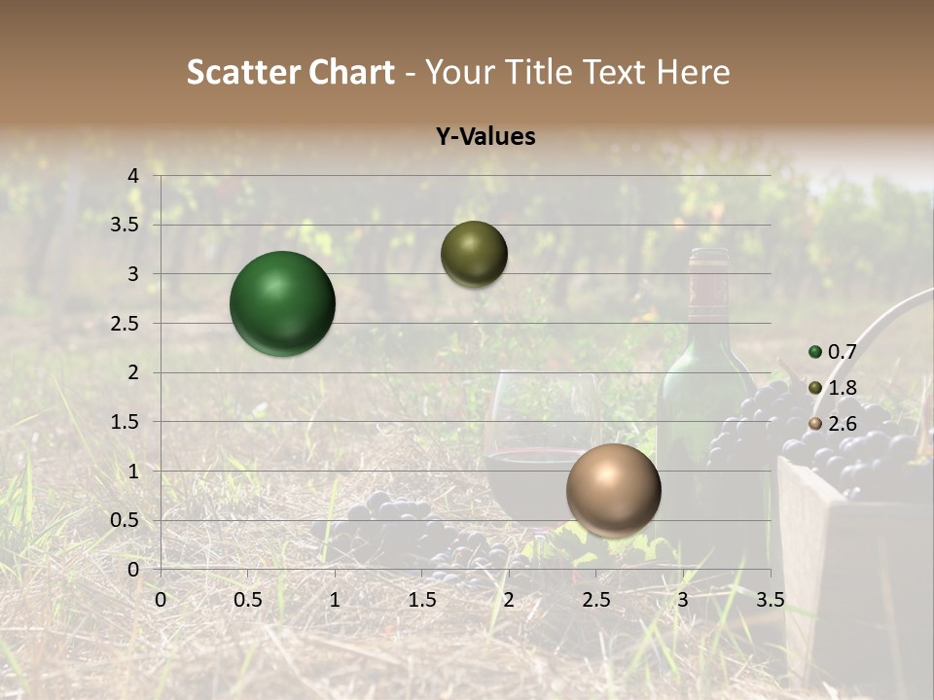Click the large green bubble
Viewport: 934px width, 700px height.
(x=283, y=303)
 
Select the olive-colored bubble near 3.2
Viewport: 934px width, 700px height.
(x=474, y=254)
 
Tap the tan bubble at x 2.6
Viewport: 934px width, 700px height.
(x=614, y=490)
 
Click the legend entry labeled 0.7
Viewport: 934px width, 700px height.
(x=833, y=352)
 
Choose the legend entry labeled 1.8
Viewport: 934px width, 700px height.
(x=833, y=388)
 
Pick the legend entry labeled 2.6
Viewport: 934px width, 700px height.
(x=833, y=424)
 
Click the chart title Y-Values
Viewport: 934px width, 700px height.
(x=485, y=137)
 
